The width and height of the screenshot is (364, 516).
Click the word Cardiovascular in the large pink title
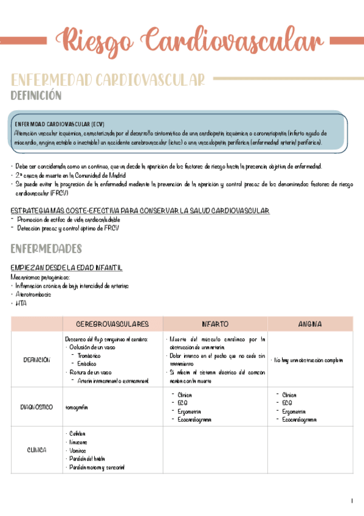233,40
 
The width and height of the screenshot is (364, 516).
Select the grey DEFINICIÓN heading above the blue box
36,96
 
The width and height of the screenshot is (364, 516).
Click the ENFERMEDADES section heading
46,249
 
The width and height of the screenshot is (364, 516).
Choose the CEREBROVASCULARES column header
112,324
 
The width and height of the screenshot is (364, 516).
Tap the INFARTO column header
215,324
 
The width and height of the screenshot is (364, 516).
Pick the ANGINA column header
311,324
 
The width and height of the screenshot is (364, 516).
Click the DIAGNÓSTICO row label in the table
36,407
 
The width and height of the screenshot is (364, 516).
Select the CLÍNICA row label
36,450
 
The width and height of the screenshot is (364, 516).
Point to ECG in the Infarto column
182,403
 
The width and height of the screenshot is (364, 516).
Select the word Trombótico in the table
90,355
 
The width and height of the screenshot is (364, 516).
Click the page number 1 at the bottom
351,501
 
